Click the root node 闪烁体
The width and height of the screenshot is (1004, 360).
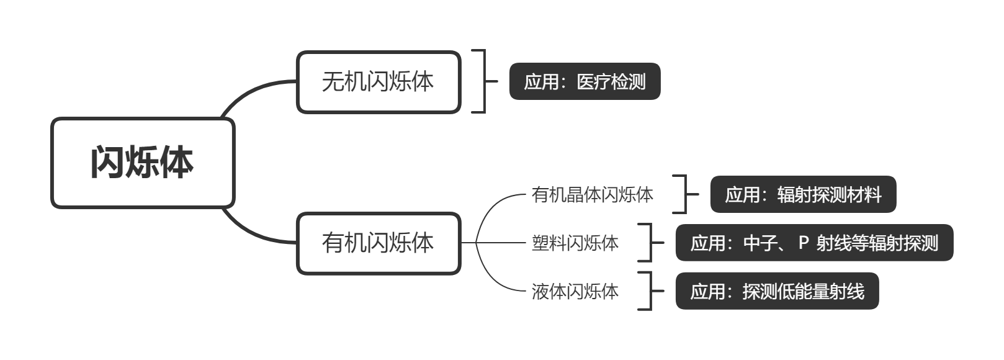143,163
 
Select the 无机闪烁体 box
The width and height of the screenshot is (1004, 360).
379,82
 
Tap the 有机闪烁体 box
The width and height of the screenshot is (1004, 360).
379,243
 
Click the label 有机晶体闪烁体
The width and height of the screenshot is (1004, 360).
592,195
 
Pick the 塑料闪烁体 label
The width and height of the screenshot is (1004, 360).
575,243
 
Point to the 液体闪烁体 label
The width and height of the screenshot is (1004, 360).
575,291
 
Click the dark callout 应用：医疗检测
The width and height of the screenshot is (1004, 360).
585,81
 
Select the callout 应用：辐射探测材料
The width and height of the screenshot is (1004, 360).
803,195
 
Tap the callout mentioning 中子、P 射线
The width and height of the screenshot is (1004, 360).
814,243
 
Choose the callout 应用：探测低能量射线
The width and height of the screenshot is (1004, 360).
777,291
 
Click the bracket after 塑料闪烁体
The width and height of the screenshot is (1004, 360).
650,243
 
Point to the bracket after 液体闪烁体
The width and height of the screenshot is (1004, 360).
650,291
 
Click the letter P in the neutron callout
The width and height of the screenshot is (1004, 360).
804,242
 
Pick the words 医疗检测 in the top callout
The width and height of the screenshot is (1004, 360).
611,81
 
